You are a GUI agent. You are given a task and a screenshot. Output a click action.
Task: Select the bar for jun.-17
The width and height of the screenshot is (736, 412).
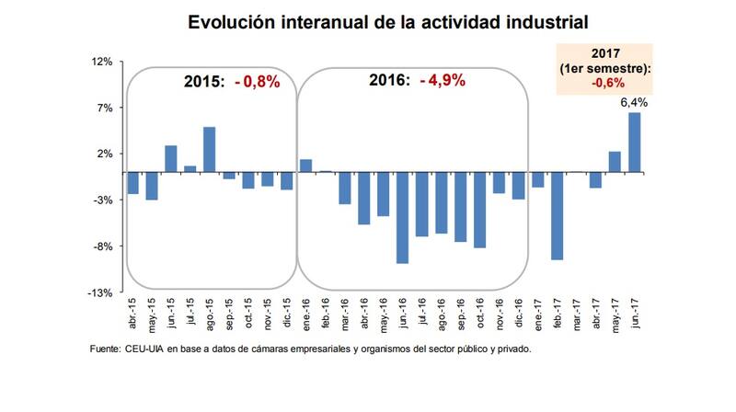pos(635,143)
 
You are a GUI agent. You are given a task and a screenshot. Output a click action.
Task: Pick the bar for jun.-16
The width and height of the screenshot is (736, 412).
pos(402,217)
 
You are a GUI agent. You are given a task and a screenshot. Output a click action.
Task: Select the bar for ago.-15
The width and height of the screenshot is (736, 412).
pos(210,149)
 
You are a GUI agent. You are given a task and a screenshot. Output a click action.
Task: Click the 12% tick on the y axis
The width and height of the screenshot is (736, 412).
pos(101,62)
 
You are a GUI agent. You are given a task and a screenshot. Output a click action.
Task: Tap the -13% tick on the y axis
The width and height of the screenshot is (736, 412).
pos(99,292)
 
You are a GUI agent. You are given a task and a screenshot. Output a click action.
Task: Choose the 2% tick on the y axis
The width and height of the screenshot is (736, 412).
pos(104,154)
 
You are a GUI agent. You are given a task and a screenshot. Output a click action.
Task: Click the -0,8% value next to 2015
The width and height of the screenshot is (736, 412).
pos(257,82)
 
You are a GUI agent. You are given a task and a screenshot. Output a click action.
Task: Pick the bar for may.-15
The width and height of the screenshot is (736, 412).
pos(152,186)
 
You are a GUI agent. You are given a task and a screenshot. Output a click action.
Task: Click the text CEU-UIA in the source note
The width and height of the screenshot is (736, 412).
pos(145,350)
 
